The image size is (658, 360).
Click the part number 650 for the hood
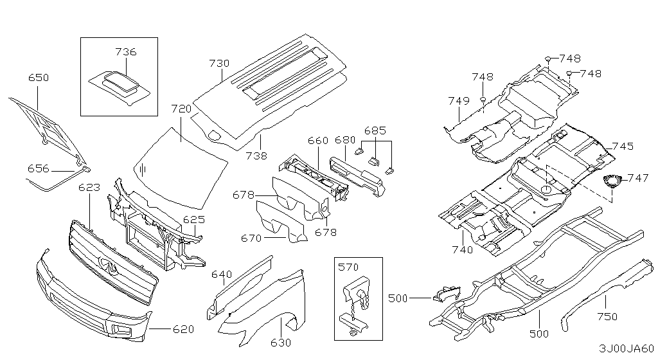[x=39, y=78]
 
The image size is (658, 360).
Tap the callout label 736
[x=126, y=52]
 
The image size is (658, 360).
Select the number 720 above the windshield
[x=181, y=109]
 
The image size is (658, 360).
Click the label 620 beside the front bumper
[x=183, y=329]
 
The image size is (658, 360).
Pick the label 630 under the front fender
[x=281, y=343]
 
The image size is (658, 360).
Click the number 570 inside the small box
[x=348, y=267]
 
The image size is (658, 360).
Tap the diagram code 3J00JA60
[x=627, y=348]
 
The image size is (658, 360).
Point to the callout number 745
[x=623, y=147]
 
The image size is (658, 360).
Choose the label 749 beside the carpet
[x=459, y=101]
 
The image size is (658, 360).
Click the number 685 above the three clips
[x=375, y=130]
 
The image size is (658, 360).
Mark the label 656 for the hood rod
[x=38, y=168]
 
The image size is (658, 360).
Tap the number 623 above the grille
[x=89, y=187]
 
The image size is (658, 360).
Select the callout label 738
[x=256, y=156]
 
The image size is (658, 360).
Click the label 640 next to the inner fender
[x=222, y=274]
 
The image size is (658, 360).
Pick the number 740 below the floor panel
[x=463, y=249]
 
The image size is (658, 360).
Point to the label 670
[x=251, y=239]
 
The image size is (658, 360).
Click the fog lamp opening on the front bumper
[x=121, y=329]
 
